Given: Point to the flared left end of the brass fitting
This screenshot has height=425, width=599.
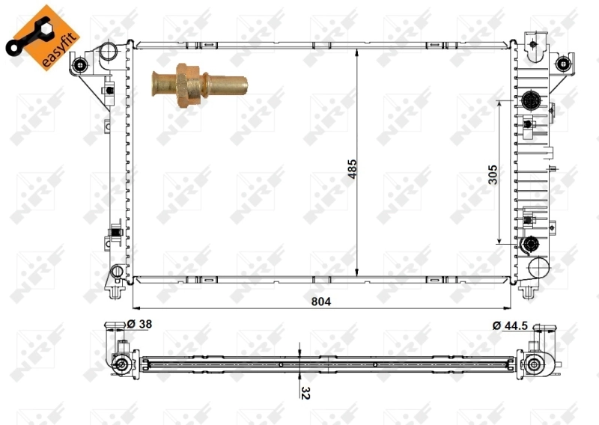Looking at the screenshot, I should tap(156, 79).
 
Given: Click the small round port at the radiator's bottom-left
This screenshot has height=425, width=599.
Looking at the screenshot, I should tap(116, 271).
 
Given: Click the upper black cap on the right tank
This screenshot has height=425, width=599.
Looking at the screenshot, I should tap(532, 100).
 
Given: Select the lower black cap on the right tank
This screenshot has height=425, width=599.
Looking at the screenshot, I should tap(531, 243).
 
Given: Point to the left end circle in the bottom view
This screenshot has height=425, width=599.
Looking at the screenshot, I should tap(120, 365).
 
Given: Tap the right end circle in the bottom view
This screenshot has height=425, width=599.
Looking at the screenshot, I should tap(534, 365).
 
